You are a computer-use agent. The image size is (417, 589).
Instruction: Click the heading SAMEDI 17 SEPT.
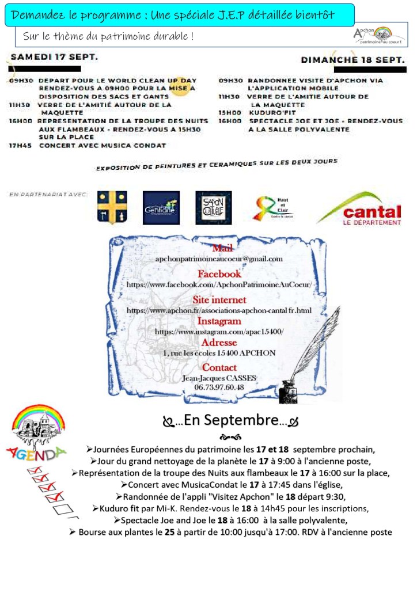click(54, 58)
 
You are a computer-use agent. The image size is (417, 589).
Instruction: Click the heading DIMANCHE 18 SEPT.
click(352, 59)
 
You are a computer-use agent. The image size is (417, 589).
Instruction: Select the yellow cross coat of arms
click(112, 208)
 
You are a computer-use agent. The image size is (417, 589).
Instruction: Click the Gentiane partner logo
click(161, 208)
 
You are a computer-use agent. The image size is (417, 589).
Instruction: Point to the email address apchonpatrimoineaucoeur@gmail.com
click(219, 259)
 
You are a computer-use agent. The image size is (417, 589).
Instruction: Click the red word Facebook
click(219, 274)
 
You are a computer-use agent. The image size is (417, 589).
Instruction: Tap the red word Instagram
click(219, 321)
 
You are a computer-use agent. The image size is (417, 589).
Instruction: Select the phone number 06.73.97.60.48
click(219, 387)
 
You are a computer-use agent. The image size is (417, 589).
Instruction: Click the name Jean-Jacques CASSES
click(220, 378)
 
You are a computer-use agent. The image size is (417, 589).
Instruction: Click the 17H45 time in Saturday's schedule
click(21, 146)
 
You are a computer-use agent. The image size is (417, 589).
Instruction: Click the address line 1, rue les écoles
click(219, 353)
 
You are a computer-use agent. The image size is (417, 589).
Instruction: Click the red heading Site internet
click(219, 300)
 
